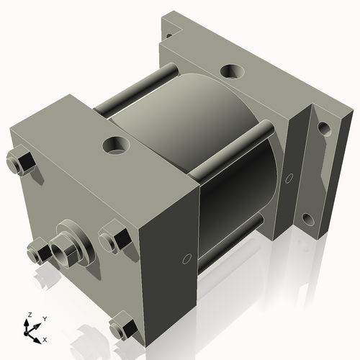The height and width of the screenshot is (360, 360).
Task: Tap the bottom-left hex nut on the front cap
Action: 37,252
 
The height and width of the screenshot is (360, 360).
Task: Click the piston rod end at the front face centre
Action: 64,247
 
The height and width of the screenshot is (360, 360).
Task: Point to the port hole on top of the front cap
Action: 114,145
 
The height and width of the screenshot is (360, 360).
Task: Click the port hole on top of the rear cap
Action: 233,71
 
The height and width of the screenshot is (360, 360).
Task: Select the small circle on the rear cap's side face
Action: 289,176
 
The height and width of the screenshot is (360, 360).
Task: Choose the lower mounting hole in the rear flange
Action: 307,219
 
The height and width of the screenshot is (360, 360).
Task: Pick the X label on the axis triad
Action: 45,338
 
